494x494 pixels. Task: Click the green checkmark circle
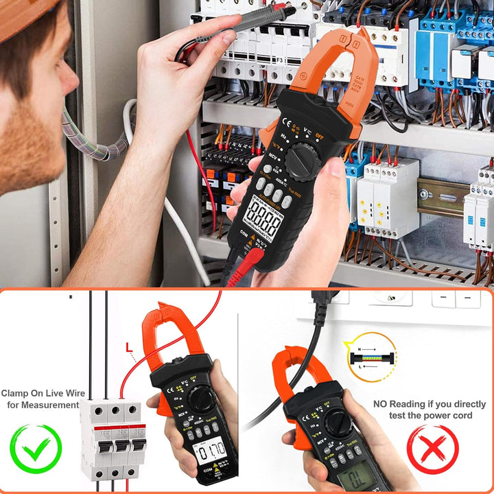pyautogui.click(x=35, y=449)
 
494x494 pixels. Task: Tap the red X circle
pyautogui.click(x=432, y=449)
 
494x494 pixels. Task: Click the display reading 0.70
pyautogui.click(x=211, y=451)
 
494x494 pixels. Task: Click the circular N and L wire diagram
pyautogui.click(x=370, y=357)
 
